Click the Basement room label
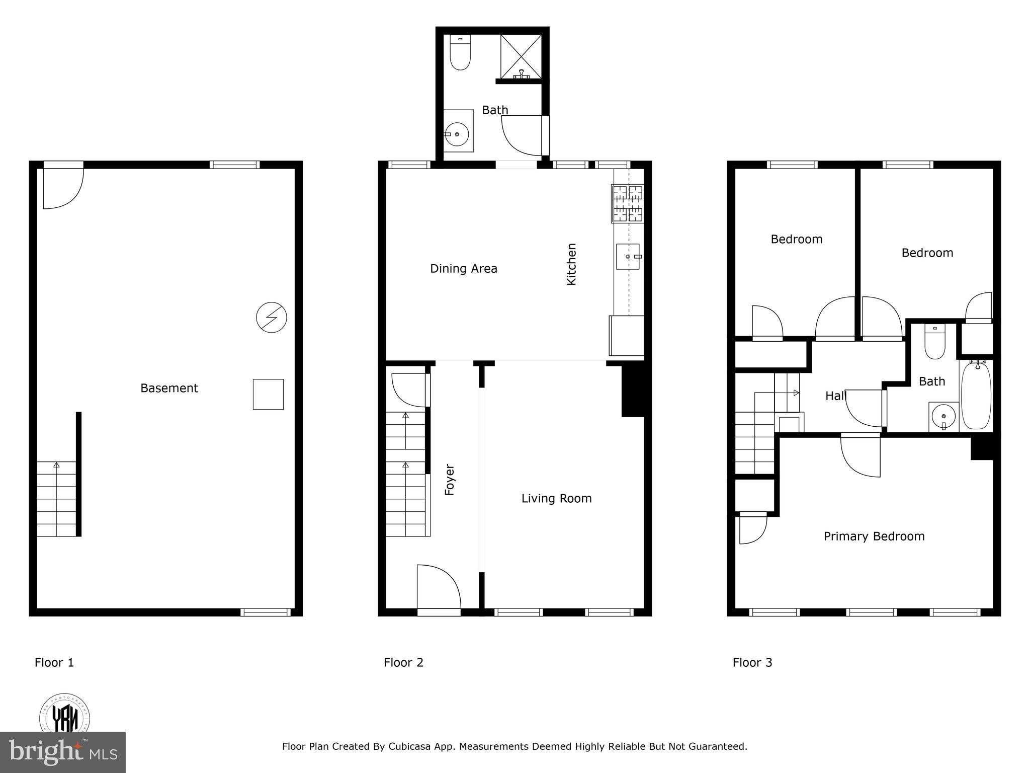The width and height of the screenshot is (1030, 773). [x=169, y=388]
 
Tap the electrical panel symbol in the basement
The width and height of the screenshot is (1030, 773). [x=272, y=318]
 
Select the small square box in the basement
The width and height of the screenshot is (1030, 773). [x=268, y=394]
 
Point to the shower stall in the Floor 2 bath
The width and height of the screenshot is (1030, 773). [x=521, y=56]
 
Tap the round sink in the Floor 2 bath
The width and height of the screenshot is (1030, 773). [x=457, y=134]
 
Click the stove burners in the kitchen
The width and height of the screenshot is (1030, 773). [x=627, y=203]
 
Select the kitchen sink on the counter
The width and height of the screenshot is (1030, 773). [x=628, y=257]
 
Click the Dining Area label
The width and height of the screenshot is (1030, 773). [x=463, y=269]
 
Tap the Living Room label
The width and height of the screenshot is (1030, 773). [x=556, y=498]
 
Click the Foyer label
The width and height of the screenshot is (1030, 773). [x=450, y=480]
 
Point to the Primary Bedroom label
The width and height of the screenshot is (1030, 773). [x=874, y=536]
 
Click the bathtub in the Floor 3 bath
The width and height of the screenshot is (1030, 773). [x=976, y=396]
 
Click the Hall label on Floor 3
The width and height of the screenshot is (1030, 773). [x=835, y=396]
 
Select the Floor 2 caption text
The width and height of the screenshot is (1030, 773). [x=403, y=662]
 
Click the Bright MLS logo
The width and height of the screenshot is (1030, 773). [x=62, y=752]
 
